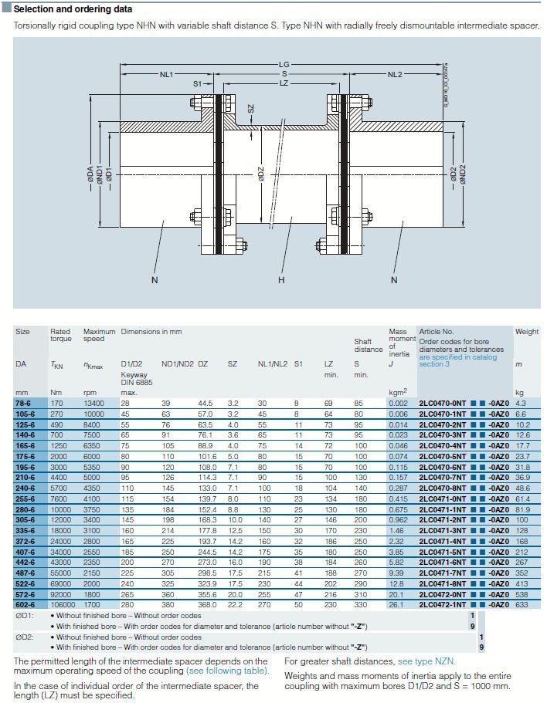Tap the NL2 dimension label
pyautogui.click(x=395, y=75)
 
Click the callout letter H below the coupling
pyautogui.click(x=281, y=280)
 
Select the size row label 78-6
pyautogui.click(x=25, y=403)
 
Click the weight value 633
pyautogui.click(x=523, y=604)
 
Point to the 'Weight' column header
pyautogui.click(x=526, y=332)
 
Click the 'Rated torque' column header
pyautogui.click(x=61, y=336)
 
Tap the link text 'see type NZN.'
pyautogui.click(x=426, y=661)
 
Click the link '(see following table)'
pyautogui.click(x=227, y=671)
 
